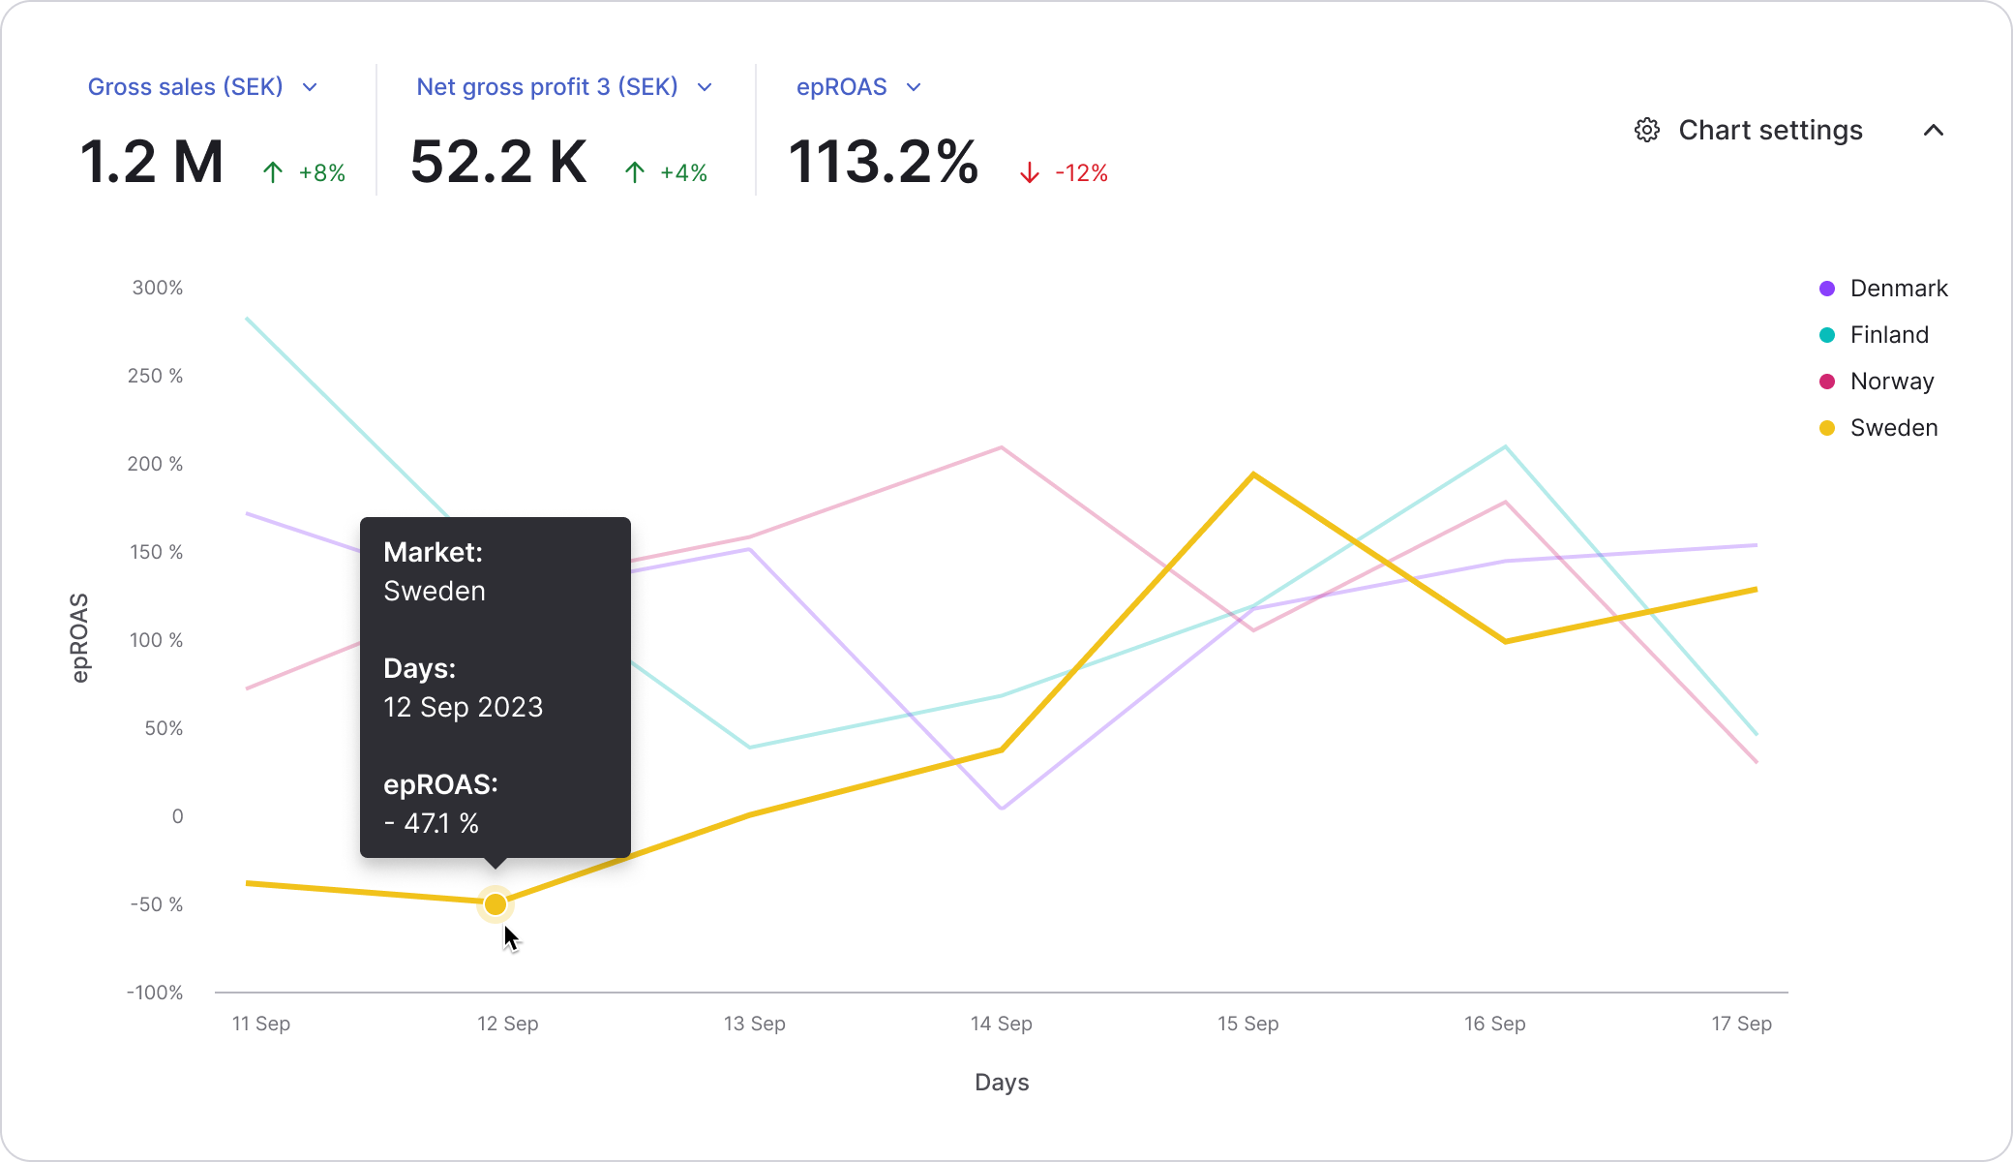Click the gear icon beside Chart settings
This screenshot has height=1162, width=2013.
(1646, 130)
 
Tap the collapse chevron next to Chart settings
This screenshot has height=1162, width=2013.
(1933, 130)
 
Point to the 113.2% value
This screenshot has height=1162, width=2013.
(883, 162)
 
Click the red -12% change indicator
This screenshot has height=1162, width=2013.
(1064, 173)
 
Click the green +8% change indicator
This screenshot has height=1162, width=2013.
(304, 173)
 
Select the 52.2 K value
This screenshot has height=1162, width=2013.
(498, 162)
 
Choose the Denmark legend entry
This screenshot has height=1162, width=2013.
(1883, 289)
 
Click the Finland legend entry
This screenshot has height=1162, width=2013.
(1874, 335)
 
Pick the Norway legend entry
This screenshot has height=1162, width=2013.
(1877, 382)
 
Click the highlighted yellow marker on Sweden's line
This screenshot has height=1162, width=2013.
(495, 904)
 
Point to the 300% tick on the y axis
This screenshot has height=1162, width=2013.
(158, 288)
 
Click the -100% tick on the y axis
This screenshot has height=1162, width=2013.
(155, 993)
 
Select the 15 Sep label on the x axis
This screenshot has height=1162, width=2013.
(1247, 1024)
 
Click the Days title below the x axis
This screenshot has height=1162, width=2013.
(1002, 1083)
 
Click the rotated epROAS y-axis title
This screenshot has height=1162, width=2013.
(80, 638)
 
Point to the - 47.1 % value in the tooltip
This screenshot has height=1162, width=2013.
(432, 823)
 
